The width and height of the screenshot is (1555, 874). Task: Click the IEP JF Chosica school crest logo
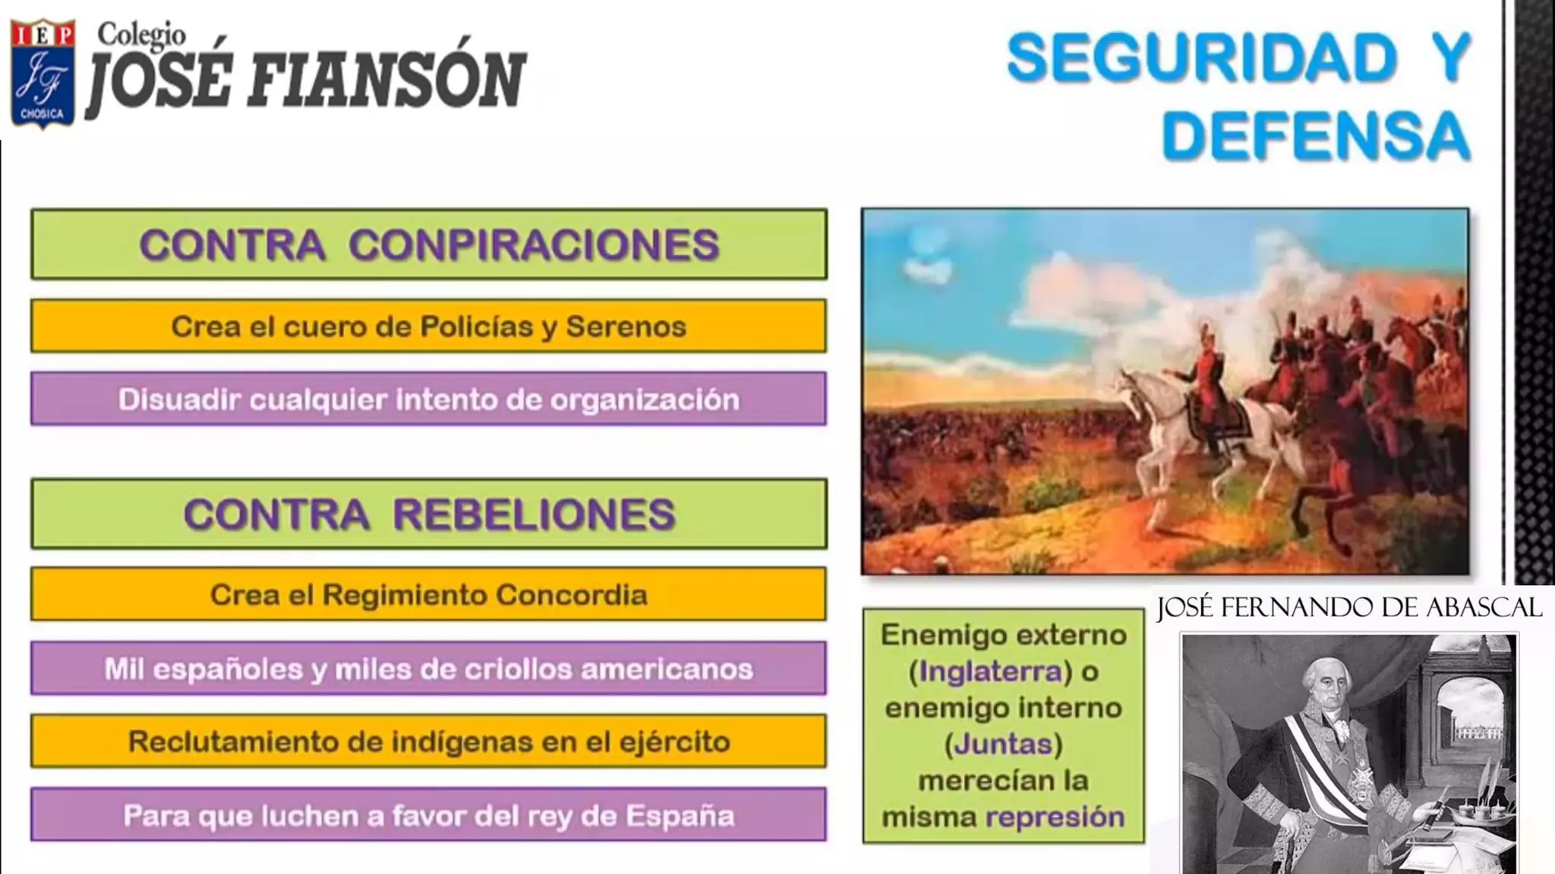click(x=43, y=74)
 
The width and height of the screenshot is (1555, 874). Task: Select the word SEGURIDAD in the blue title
click(x=1202, y=58)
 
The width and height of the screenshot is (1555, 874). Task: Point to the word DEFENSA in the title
click(x=1315, y=137)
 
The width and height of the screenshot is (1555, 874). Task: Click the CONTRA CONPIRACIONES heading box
click(x=429, y=244)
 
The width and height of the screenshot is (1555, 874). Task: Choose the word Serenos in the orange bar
click(x=626, y=326)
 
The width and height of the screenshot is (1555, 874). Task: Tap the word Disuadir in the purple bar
click(x=178, y=399)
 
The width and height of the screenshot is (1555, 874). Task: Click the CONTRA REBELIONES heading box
click(x=429, y=514)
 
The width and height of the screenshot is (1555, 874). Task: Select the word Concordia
click(x=571, y=595)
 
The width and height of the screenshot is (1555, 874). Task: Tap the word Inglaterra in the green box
click(x=990, y=671)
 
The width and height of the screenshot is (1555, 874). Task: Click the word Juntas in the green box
click(x=1003, y=744)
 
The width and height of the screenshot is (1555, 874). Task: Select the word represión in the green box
click(x=1055, y=817)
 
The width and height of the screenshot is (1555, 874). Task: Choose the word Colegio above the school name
click(x=141, y=34)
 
